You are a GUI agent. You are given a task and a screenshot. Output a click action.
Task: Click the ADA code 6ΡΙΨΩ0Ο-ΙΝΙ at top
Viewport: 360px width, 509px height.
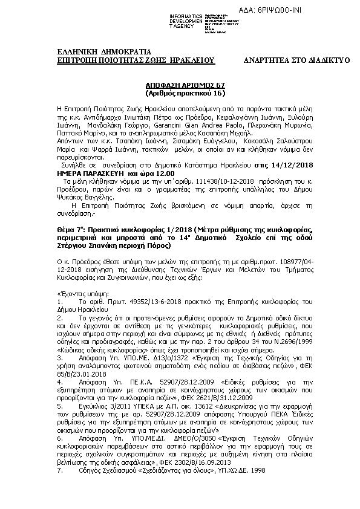[314, 11]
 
